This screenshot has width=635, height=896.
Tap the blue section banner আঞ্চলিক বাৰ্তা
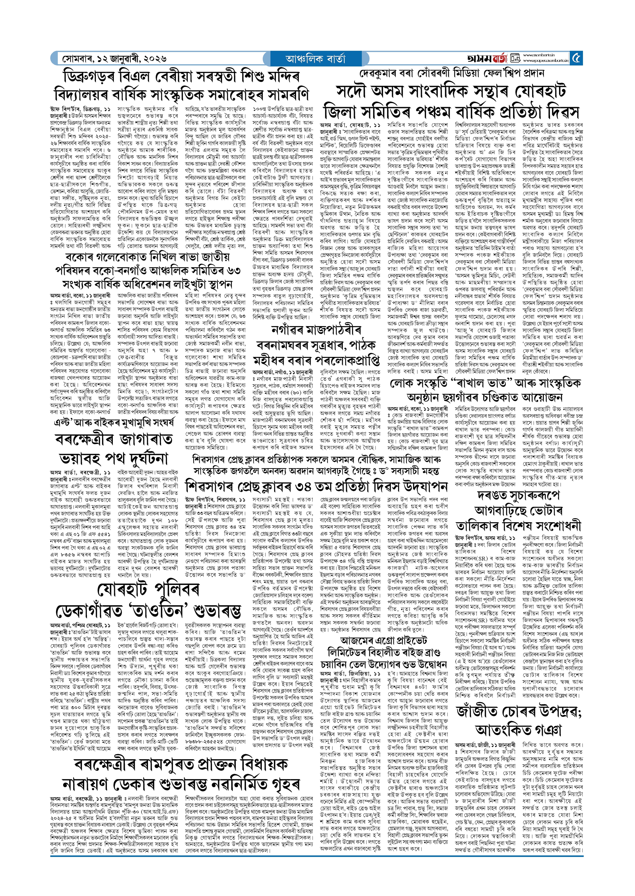(x=315, y=58)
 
